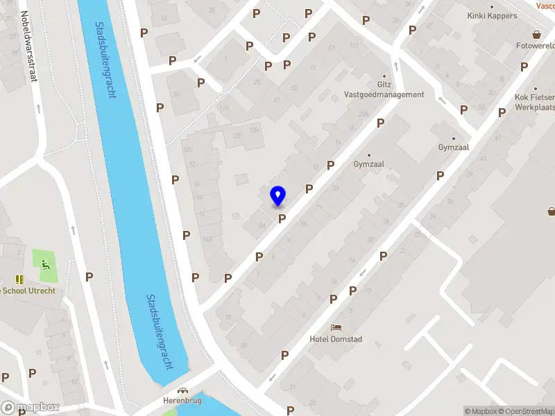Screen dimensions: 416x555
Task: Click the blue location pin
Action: pyautogui.click(x=277, y=196)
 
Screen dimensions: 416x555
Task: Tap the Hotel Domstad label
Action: pyautogui.click(x=336, y=339)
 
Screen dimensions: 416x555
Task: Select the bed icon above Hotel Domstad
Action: pyautogui.click(x=336, y=327)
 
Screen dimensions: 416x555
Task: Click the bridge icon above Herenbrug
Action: pyautogui.click(x=183, y=391)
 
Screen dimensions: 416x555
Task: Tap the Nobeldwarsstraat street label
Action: pyautogui.click(x=28, y=46)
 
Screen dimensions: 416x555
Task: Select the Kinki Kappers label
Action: pyautogui.click(x=492, y=15)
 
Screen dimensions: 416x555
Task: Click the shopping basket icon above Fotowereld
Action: pyautogui.click(x=536, y=34)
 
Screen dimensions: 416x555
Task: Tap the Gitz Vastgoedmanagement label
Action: pyautogui.click(x=384, y=90)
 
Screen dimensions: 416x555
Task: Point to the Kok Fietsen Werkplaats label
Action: pyautogui.click(x=534, y=103)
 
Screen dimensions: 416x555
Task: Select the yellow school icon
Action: pyautogui.click(x=19, y=279)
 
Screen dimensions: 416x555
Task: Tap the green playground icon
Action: pyautogui.click(x=46, y=264)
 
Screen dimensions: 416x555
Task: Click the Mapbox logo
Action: pyautogui.click(x=30, y=408)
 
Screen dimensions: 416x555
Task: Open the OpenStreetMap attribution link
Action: pyautogui.click(x=525, y=411)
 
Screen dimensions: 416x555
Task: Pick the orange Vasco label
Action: pyautogui.click(x=545, y=6)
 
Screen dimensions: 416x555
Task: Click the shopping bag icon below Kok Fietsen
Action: pyautogui.click(x=552, y=211)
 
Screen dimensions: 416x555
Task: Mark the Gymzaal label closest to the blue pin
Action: pyautogui.click(x=369, y=164)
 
